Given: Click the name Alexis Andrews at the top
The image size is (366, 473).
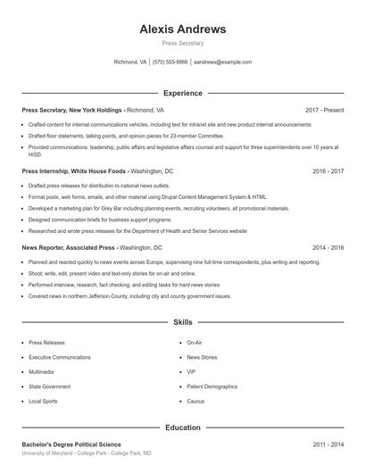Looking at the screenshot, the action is click(183, 29).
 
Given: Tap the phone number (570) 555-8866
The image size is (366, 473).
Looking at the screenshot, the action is click(170, 62).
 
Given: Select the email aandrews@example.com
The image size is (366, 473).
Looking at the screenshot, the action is click(223, 62).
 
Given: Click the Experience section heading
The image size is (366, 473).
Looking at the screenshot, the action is click(183, 93).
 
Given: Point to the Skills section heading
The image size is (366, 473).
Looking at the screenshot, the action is click(183, 321).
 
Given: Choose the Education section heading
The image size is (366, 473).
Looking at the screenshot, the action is click(183, 427).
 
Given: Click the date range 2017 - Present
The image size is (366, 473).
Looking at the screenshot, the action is click(324, 110).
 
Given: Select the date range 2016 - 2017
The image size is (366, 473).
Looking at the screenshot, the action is click(328, 170).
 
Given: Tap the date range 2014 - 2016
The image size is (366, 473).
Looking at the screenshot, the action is click(328, 247).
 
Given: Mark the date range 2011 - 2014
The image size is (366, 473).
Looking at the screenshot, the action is click(328, 444).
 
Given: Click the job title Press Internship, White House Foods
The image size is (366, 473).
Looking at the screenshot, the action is click(75, 170).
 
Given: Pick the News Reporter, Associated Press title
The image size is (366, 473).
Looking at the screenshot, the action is click(70, 247).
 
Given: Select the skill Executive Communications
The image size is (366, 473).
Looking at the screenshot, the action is click(60, 357).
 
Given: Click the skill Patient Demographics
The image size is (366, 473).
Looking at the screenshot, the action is click(212, 386).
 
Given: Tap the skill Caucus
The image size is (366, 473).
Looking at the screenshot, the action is click(195, 402).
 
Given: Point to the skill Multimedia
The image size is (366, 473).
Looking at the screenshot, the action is click(41, 371).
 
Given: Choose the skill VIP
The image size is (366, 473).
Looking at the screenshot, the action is click(191, 371).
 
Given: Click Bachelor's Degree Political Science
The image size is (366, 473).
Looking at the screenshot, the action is click(71, 444).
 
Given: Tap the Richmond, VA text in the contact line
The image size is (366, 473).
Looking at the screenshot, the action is click(130, 62).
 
